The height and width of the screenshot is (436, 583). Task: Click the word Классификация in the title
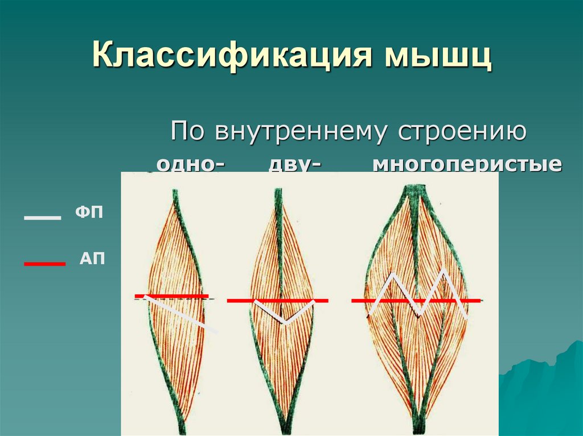point(225,57)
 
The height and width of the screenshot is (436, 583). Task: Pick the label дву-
point(293,164)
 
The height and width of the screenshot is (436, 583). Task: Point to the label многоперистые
point(467,164)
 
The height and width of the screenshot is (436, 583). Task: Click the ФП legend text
point(89,214)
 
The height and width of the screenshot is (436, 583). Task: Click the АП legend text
point(92,259)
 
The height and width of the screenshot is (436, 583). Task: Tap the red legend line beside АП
point(44,264)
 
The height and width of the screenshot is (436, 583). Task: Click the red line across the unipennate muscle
point(171,296)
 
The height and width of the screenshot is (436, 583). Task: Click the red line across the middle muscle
point(239,300)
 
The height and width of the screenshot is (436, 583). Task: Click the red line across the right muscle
point(359,300)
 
